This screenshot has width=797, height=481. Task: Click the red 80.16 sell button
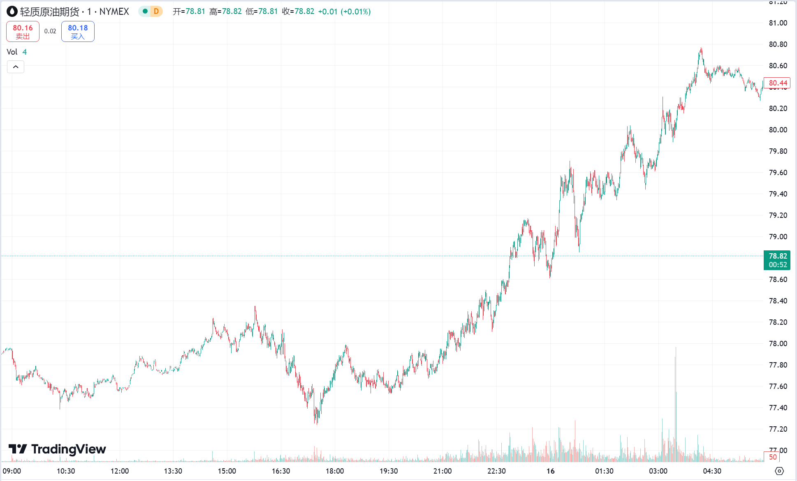23,32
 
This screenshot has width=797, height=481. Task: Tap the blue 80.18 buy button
78,32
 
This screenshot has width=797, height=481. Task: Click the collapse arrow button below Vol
16,67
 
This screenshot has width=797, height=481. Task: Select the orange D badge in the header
156,12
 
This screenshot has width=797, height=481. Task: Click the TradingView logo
57,449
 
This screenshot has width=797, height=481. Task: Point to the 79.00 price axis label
778,237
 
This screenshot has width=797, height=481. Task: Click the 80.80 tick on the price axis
778,44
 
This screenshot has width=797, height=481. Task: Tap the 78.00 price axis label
778,344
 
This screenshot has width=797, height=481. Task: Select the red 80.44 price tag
777,83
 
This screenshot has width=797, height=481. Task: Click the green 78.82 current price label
777,260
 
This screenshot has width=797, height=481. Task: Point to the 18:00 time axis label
335,471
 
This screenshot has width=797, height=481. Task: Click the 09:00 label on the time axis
12,471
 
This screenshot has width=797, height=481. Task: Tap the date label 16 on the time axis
550,471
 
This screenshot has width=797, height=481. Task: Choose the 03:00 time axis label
658,471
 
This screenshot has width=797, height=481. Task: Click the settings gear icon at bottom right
779,471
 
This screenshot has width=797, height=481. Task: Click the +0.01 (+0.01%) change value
344,12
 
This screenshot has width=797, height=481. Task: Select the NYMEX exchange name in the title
114,12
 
